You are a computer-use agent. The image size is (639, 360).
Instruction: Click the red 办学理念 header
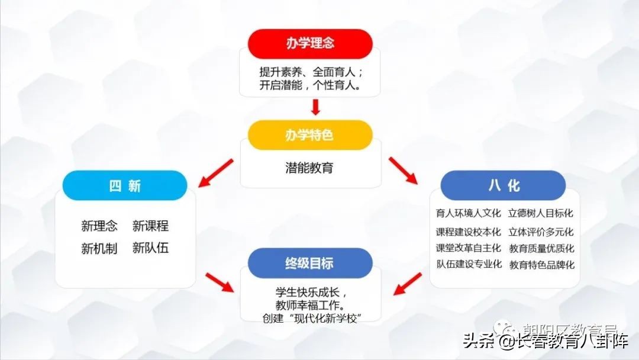click(x=310, y=44)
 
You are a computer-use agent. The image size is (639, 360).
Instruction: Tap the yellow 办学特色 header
click(x=310, y=135)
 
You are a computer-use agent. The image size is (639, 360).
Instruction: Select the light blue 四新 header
click(x=125, y=185)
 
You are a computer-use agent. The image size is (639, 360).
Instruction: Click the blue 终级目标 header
click(x=310, y=263)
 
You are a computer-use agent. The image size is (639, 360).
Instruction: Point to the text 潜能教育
click(x=309, y=168)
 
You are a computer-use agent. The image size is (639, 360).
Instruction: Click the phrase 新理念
click(x=99, y=226)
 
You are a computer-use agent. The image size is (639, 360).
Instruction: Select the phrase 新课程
click(x=150, y=226)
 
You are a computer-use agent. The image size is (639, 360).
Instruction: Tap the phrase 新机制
click(x=99, y=248)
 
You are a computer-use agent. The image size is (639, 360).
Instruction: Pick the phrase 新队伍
click(x=150, y=248)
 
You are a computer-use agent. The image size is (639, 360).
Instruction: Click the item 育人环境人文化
click(x=468, y=213)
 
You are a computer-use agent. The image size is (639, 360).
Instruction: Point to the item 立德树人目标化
click(x=541, y=213)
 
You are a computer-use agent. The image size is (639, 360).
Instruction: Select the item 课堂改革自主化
click(x=468, y=248)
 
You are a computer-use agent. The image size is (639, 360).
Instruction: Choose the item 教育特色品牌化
click(x=541, y=265)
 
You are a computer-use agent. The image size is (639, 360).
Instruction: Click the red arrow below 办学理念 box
click(x=315, y=107)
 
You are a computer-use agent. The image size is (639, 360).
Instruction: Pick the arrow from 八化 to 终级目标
click(x=408, y=284)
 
